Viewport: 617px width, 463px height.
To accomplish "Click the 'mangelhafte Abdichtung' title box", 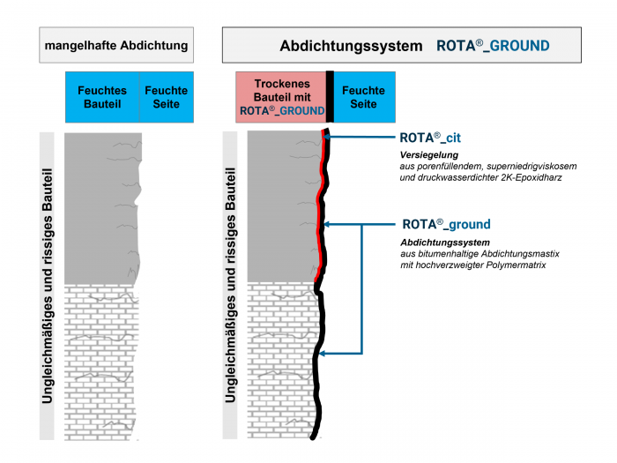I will click(x=115, y=45).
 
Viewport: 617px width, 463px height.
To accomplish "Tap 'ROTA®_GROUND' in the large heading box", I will click(x=493, y=46).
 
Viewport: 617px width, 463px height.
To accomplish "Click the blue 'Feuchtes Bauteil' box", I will click(x=102, y=97).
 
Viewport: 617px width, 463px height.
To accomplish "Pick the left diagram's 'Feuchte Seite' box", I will click(x=166, y=97).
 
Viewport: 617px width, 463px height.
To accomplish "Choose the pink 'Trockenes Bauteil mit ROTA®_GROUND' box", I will click(x=280, y=97).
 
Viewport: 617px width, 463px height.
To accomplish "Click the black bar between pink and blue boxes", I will click(x=330, y=97).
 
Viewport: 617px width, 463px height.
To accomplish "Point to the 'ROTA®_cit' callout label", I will click(x=430, y=138).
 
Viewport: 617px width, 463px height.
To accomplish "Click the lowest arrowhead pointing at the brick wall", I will click(x=323, y=355).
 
